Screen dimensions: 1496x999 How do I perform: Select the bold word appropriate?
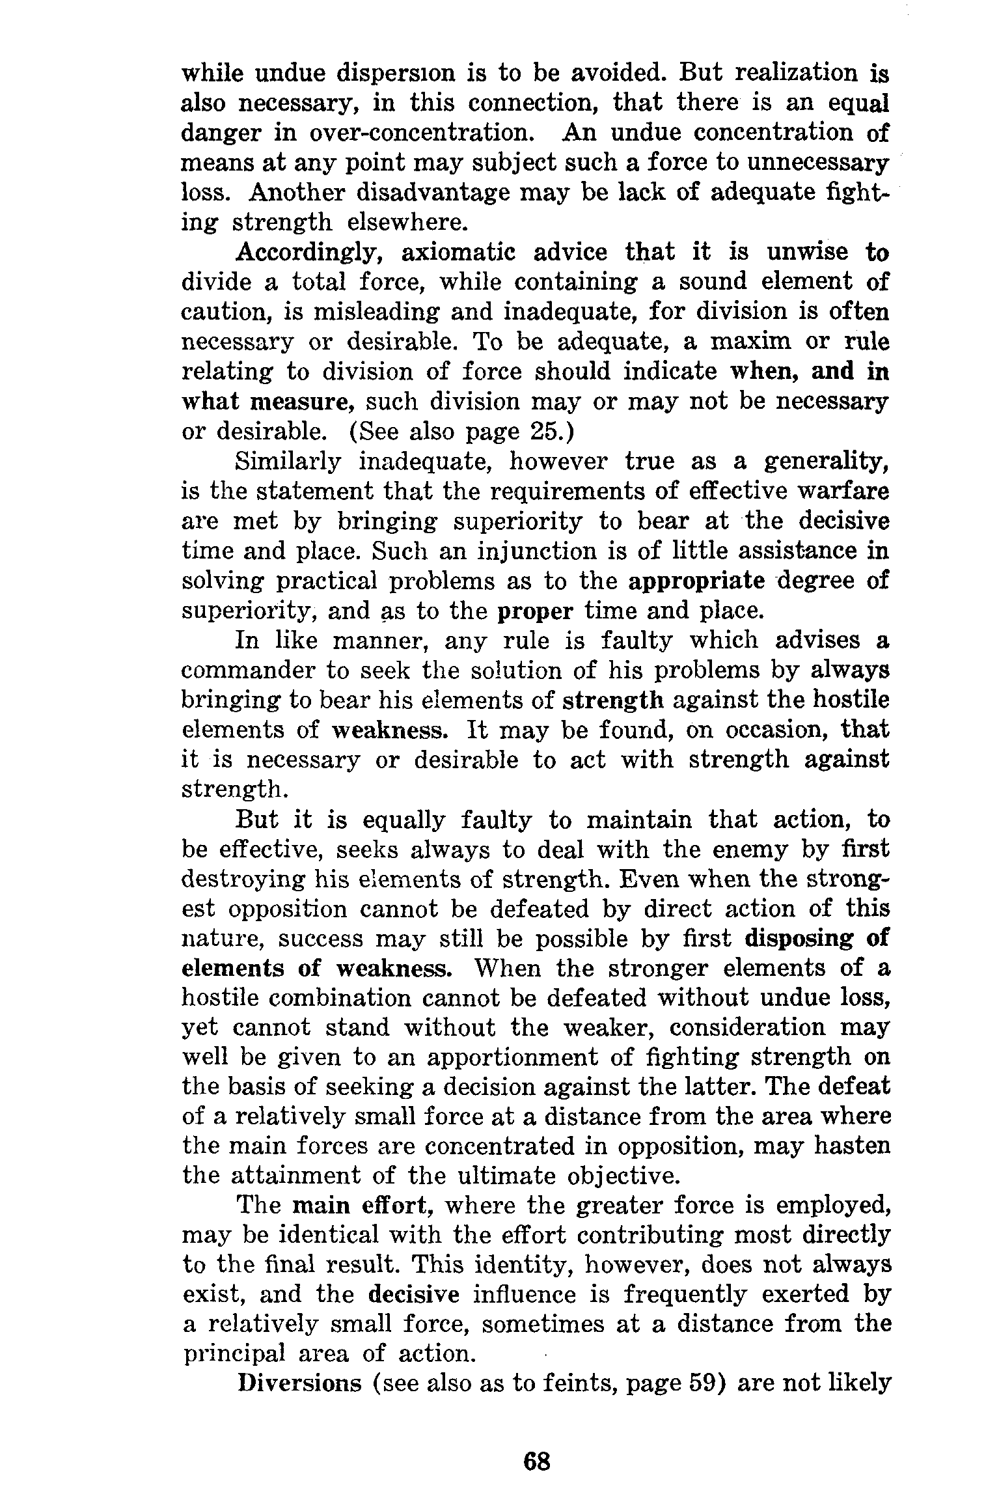696,581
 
